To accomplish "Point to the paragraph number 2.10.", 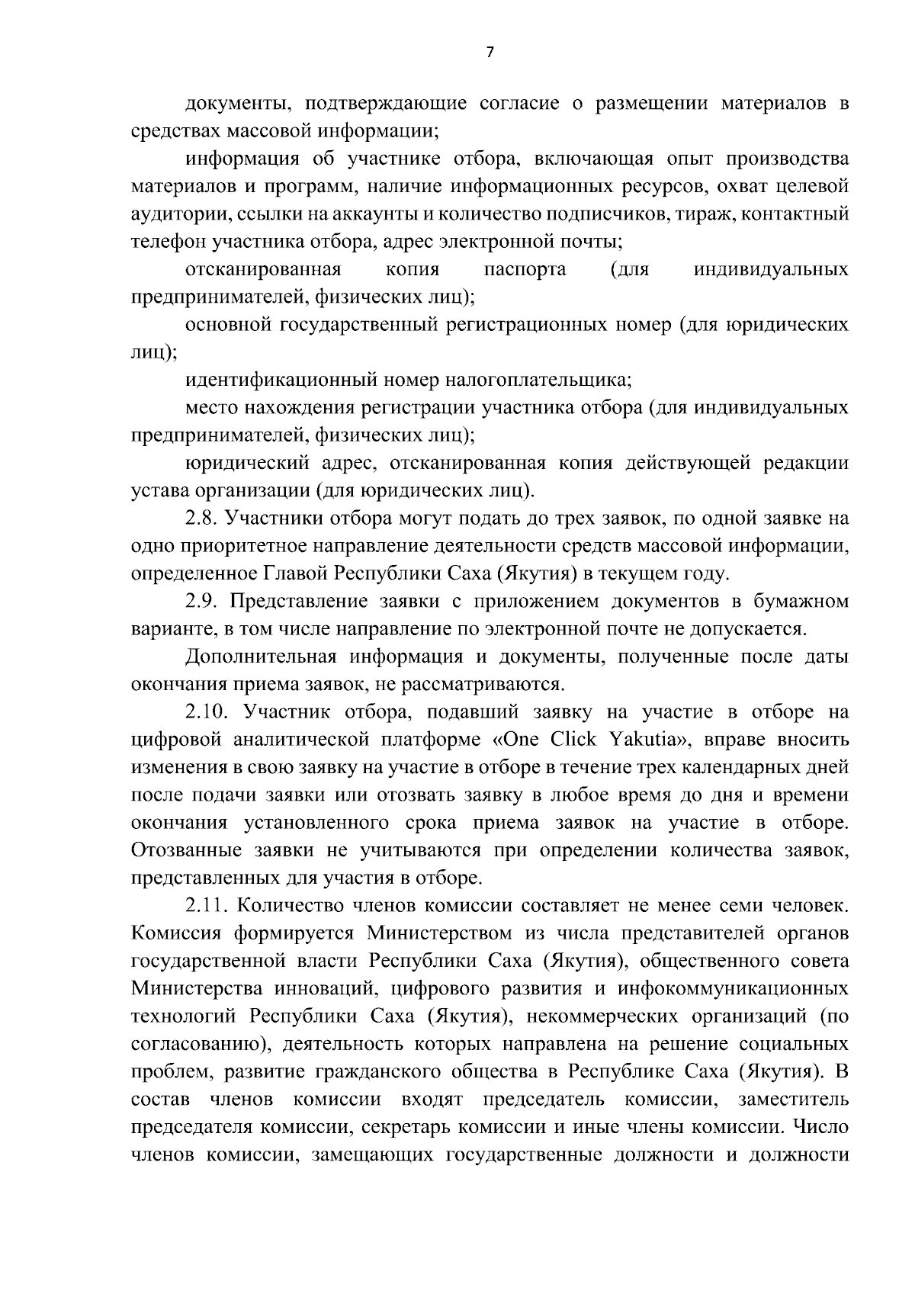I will (x=207, y=712).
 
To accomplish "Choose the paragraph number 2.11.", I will (x=206, y=906).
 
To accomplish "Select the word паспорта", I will (x=525, y=269).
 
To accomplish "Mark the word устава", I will (x=156, y=490).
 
